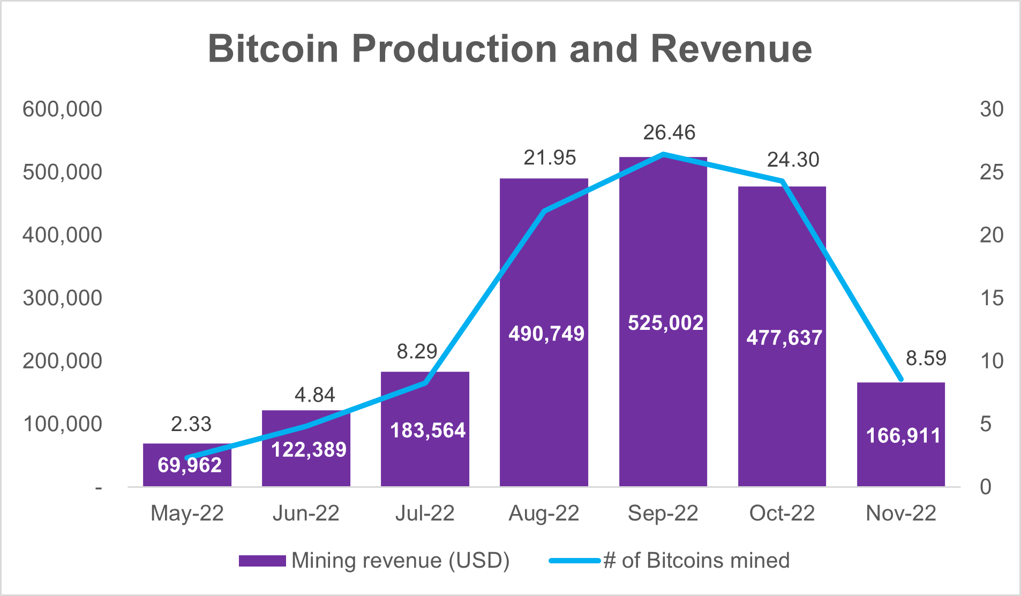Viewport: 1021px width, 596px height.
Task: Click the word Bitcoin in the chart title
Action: coord(273,49)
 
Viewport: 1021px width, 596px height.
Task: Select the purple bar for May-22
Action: coord(187,471)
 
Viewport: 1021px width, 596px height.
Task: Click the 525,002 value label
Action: coord(665,323)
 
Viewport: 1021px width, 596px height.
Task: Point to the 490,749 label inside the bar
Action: coord(546,334)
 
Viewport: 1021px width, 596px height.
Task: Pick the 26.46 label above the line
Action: coord(669,132)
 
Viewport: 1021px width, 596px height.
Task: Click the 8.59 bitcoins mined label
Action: coord(926,358)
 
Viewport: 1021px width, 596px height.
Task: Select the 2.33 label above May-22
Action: coord(191,424)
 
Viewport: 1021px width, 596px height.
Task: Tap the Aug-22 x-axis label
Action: coord(544,513)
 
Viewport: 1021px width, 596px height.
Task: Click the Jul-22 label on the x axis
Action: coord(425,513)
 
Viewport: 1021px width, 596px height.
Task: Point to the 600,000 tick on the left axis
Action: coord(62,109)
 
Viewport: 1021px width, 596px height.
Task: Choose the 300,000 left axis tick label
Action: coord(62,298)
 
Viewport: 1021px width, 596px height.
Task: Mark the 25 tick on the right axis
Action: coord(991,172)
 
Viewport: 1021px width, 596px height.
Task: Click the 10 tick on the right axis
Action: coord(991,361)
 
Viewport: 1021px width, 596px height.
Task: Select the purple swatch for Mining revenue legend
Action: coord(262,561)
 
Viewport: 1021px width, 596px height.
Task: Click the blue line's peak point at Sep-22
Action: coord(663,154)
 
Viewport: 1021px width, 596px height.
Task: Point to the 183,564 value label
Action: coord(427,431)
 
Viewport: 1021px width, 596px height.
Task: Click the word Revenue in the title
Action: coord(731,49)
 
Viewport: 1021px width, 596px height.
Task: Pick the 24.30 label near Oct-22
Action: coord(793,160)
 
